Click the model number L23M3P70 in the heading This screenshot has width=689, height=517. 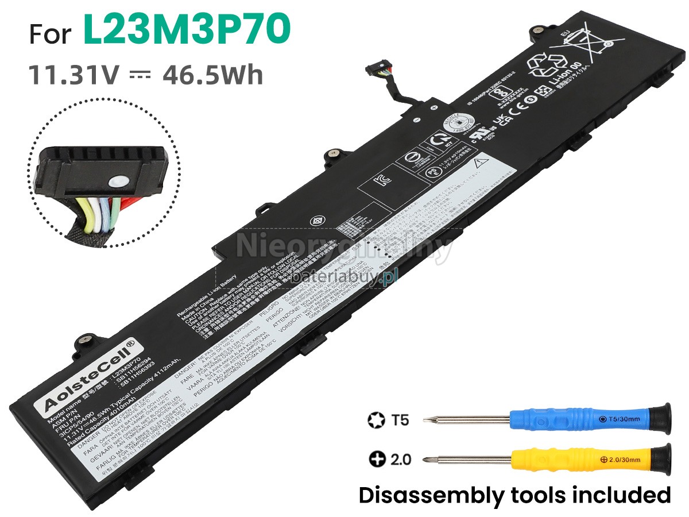187,30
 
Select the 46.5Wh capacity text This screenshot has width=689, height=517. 213,75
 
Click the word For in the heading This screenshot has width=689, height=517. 51,34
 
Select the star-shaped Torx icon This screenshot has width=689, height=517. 376,420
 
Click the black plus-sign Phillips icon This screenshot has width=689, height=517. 377,460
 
